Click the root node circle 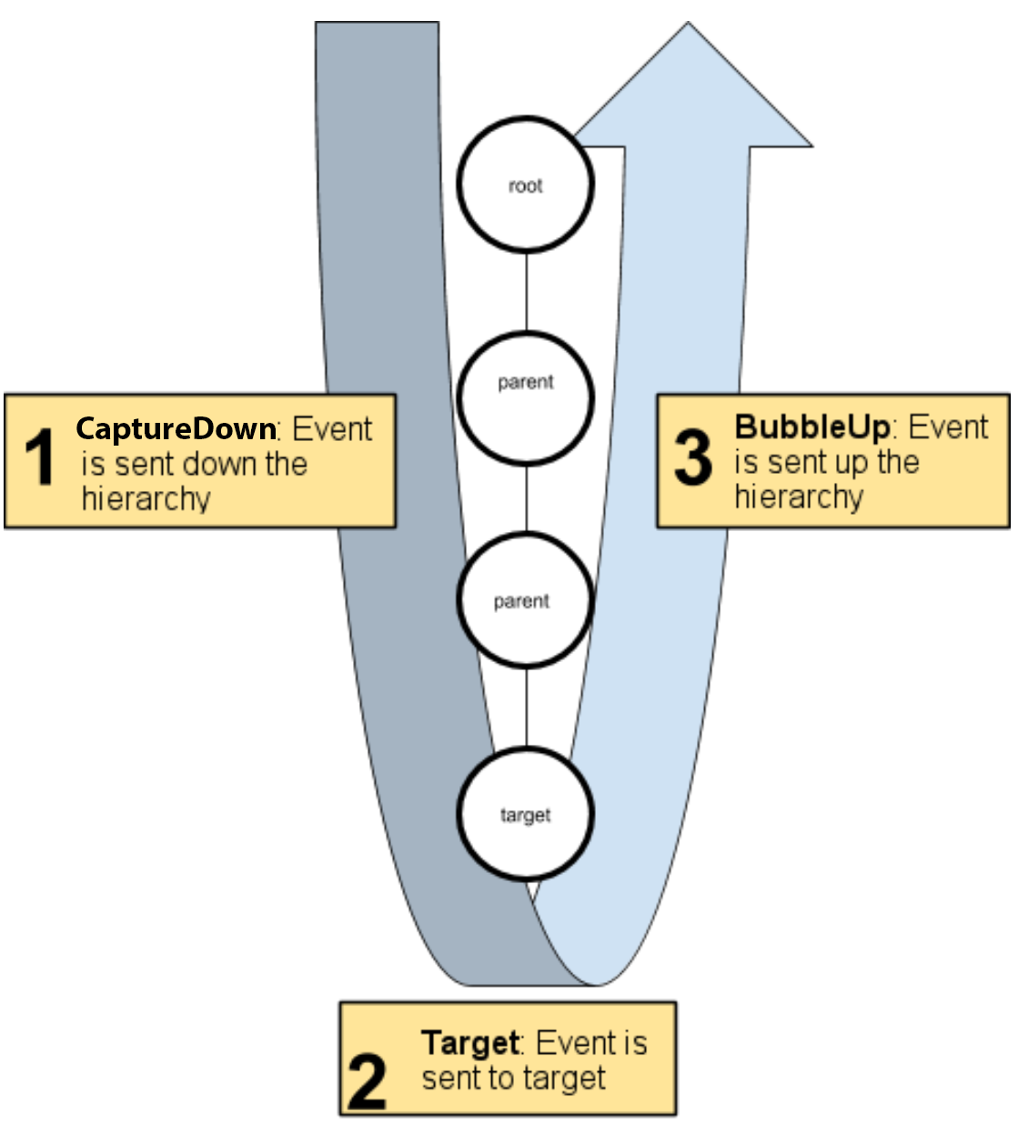525,185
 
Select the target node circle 525,814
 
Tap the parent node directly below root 525,398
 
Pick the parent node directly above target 524,600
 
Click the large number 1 40,457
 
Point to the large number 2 368,1081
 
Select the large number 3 693,457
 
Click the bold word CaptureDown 176,428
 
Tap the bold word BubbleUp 811,427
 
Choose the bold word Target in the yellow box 469,1042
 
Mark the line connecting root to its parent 526,292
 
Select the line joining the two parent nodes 526,499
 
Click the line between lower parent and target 526,708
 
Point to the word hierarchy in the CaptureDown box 146,499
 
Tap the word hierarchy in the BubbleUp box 799,497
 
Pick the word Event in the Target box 569,1042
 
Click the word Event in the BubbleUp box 948,427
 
